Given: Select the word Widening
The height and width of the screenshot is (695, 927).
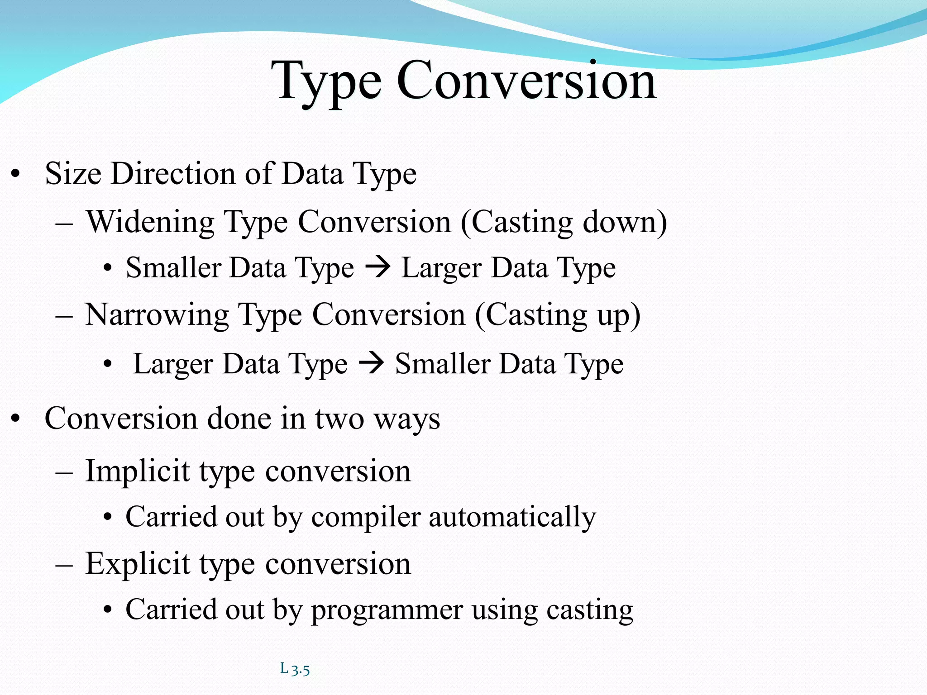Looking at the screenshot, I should point(150,223).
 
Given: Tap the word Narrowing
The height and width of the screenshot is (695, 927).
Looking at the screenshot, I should point(157,315).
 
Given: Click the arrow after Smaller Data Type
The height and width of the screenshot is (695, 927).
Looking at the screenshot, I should point(377,267).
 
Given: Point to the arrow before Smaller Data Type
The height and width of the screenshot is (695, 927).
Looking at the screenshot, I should point(371,363).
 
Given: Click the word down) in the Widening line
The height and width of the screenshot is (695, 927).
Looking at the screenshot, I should point(624,223).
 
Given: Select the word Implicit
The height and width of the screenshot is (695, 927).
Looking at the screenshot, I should point(137,471).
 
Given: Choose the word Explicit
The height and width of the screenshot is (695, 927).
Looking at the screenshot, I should point(137,564).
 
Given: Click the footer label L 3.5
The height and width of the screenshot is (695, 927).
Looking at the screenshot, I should point(295,669).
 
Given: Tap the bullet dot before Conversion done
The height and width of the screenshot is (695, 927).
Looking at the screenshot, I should point(16,419).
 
